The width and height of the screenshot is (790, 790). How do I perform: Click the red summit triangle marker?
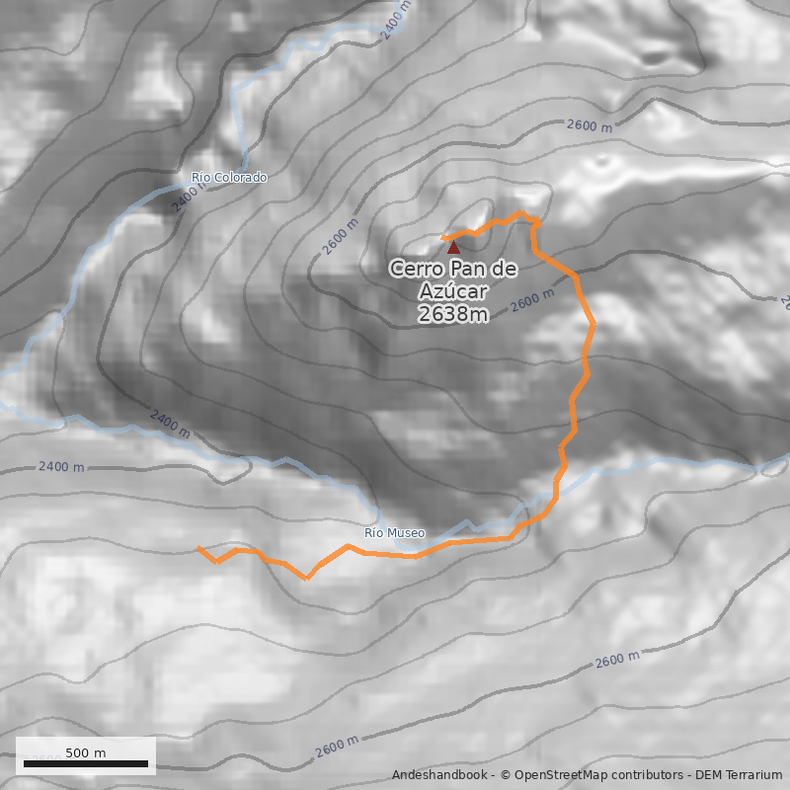[x=453, y=247]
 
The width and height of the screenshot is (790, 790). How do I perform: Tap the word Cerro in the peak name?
[x=415, y=269]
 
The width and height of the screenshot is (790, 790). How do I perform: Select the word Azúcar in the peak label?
[x=453, y=291]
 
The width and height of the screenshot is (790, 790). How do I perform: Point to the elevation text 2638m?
[x=453, y=314]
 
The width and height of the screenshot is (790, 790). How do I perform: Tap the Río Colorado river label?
[x=229, y=178]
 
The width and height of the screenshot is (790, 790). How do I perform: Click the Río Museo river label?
[x=395, y=533]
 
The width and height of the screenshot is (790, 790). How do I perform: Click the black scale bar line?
[x=86, y=763]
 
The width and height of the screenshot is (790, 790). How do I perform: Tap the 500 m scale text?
[x=86, y=752]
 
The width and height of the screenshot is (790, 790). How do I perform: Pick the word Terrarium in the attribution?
[x=753, y=775]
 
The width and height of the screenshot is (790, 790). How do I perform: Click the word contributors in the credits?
[x=646, y=775]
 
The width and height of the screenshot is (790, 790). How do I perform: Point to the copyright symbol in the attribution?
[x=507, y=775]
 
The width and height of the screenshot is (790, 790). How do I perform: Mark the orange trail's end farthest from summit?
[x=198, y=547]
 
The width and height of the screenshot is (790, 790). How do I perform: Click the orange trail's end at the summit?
[x=443, y=238]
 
